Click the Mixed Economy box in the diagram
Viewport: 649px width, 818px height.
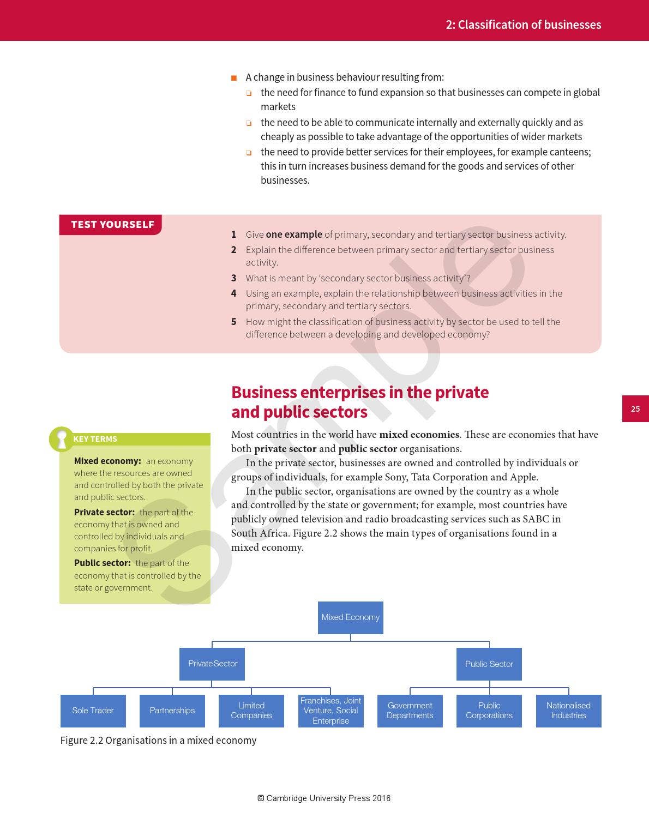point(350,617)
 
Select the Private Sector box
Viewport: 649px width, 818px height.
point(212,664)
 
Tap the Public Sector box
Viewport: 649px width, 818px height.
point(489,664)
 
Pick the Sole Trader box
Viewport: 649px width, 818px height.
point(93,711)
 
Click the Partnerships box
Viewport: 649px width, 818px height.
point(172,711)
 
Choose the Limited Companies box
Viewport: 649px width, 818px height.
point(251,711)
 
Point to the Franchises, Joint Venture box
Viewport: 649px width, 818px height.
point(330,711)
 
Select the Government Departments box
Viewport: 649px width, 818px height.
point(410,711)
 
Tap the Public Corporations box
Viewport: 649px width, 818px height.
point(489,711)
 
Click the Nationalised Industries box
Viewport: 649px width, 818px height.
point(568,711)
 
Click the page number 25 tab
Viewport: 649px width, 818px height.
point(635,409)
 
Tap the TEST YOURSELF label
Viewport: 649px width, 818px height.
point(112,225)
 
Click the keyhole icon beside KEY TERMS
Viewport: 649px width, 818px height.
point(62,439)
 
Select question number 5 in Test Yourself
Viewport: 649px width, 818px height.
point(233,322)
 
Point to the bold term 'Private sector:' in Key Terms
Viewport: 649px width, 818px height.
point(104,512)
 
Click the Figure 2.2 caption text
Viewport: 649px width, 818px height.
point(158,740)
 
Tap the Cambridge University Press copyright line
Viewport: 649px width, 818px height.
point(324,798)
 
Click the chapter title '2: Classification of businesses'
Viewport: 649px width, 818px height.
point(523,25)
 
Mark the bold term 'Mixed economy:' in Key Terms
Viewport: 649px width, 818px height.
point(107,461)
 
